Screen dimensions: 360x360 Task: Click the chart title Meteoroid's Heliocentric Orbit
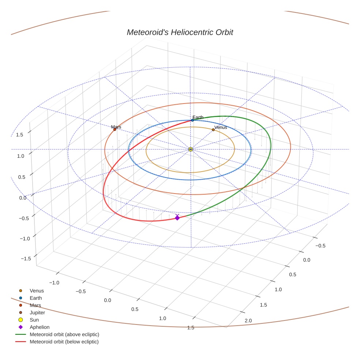click(x=180, y=32)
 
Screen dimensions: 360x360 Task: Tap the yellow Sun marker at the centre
click(x=191, y=149)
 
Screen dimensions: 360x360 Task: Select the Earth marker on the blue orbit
click(x=192, y=120)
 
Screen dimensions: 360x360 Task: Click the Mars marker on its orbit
click(x=115, y=130)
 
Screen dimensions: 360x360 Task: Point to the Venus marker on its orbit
click(x=213, y=130)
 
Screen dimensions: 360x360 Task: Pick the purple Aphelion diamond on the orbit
click(x=177, y=218)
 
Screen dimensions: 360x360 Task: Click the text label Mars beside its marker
click(x=116, y=127)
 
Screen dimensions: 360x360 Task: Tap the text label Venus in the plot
click(x=221, y=127)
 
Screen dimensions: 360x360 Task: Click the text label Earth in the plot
click(x=198, y=117)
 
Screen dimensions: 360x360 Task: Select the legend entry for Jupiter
click(x=37, y=312)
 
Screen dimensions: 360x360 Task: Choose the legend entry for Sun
click(x=34, y=320)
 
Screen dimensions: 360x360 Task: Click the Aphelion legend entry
click(x=40, y=327)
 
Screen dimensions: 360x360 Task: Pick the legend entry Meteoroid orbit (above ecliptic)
click(x=64, y=334)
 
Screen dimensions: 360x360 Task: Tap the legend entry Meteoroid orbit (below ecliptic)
click(x=64, y=342)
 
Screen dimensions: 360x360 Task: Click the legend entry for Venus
click(x=37, y=290)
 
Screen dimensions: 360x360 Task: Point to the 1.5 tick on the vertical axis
click(x=20, y=135)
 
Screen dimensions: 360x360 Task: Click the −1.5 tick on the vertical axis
click(x=25, y=258)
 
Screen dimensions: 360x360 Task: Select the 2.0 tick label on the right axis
click(x=248, y=320)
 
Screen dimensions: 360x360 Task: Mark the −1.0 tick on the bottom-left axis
click(x=55, y=282)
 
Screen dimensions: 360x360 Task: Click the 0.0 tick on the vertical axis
click(x=23, y=198)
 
